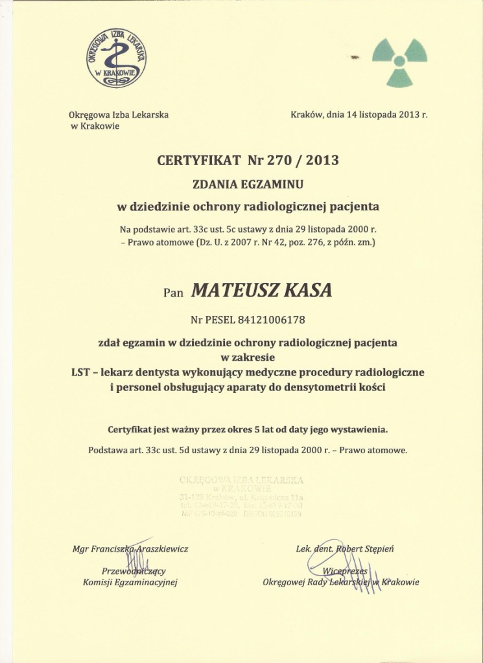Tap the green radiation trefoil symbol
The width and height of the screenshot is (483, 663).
click(x=399, y=62)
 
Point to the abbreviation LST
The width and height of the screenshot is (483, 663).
click(x=80, y=372)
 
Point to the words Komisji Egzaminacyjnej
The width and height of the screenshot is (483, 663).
click(x=130, y=582)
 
